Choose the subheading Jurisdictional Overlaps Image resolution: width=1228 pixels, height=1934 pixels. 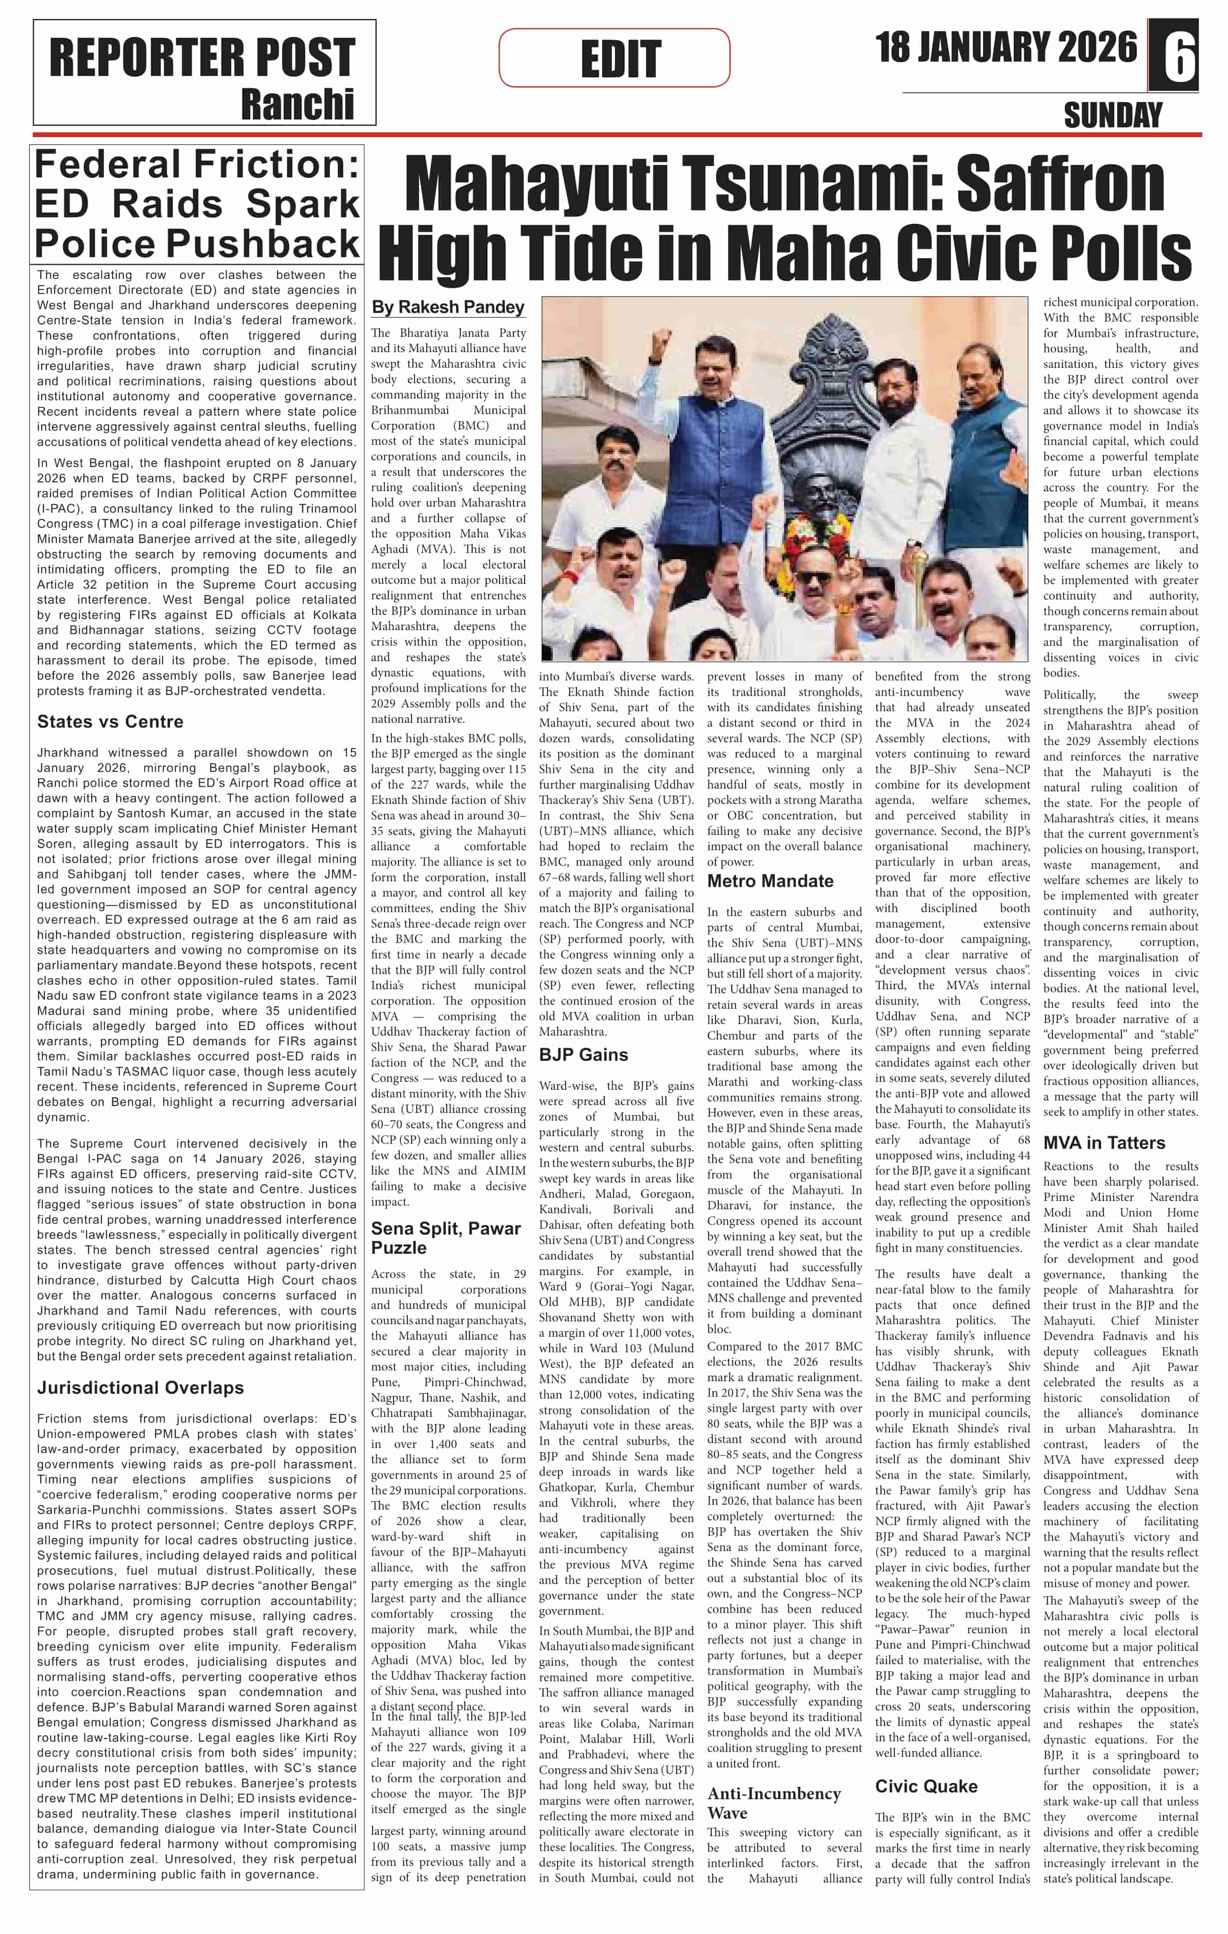[x=140, y=1387]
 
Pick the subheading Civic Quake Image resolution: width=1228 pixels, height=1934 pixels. [x=926, y=1785]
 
